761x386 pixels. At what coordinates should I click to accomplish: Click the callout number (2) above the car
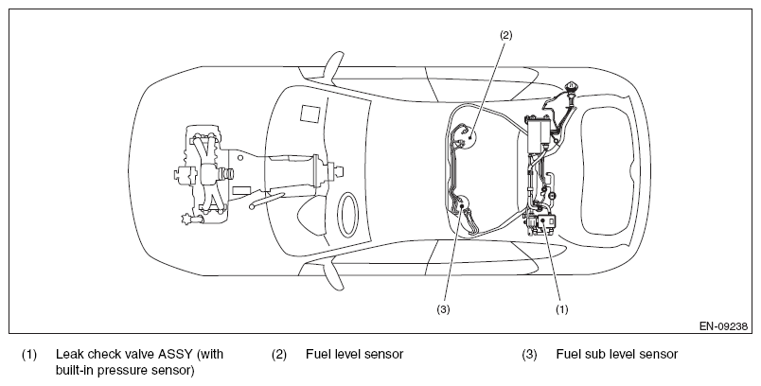pos(505,35)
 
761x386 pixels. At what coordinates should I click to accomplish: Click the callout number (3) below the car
pos(443,309)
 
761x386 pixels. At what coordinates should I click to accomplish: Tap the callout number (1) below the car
pos(561,309)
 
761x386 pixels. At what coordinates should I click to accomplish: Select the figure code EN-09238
pos(723,326)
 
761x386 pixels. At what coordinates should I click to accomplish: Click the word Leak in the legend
pos(67,354)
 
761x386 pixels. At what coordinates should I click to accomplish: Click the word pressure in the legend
pos(129,371)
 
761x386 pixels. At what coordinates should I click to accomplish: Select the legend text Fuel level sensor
pos(354,354)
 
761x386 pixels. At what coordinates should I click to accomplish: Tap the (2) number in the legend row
pos(278,355)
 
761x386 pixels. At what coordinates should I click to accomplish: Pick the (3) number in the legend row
pos(529,355)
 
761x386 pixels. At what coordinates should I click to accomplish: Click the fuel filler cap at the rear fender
pos(572,88)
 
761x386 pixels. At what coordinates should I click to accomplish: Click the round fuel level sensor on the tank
pos(468,137)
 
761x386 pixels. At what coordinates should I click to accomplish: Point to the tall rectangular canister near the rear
pos(539,135)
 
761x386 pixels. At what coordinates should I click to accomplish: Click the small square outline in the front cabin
pos(309,113)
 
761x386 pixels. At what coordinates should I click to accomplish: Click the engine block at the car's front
pos(204,173)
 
